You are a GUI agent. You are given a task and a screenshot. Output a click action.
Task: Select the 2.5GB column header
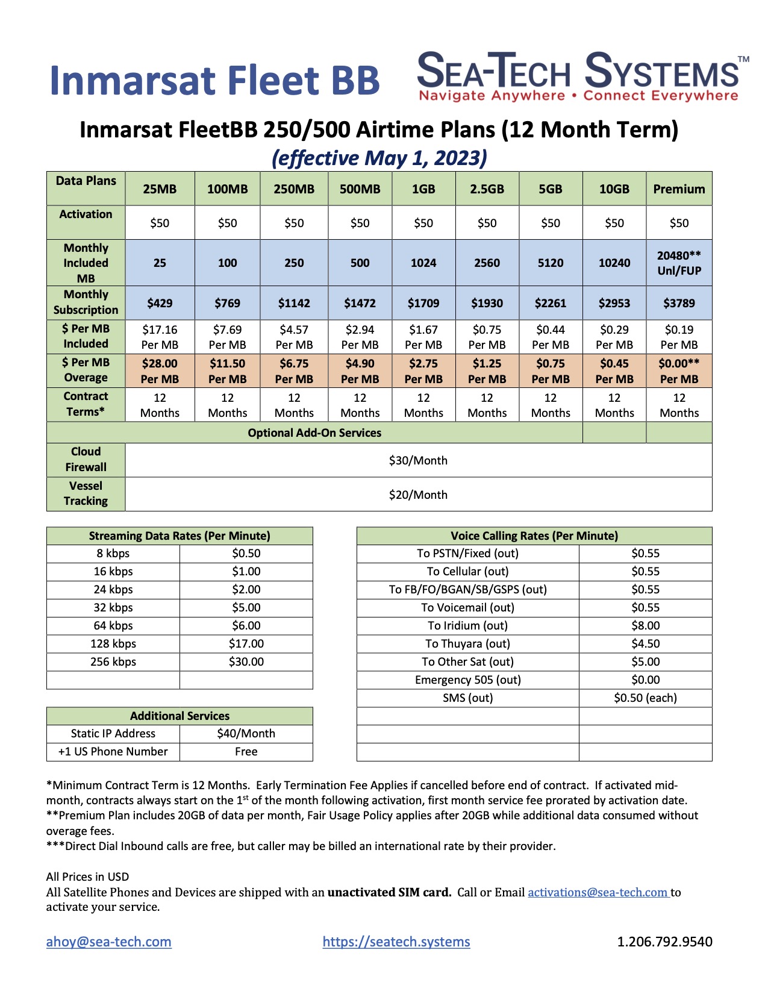pyautogui.click(x=487, y=189)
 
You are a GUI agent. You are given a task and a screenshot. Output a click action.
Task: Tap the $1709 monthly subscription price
pyautogui.click(x=423, y=303)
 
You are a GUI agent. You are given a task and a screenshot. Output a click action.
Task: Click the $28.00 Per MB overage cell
pyautogui.click(x=160, y=371)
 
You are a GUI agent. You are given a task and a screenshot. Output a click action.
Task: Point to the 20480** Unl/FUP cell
pyautogui.click(x=679, y=263)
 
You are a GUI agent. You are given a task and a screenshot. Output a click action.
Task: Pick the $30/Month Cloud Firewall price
pyautogui.click(x=418, y=461)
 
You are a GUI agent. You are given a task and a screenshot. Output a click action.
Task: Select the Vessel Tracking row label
pyautogui.click(x=86, y=493)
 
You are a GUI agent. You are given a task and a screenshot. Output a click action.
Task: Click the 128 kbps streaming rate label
pyautogui.click(x=113, y=643)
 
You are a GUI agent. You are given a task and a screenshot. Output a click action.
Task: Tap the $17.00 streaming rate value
pyautogui.click(x=246, y=643)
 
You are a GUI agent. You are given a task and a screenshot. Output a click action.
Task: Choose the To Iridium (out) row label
pyautogui.click(x=467, y=625)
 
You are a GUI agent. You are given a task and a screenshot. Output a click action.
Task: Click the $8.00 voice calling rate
pyautogui.click(x=645, y=625)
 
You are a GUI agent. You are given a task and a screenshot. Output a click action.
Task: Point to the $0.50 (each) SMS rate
pyautogui.click(x=645, y=698)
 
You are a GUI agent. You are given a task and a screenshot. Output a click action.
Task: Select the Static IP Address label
pyautogui.click(x=113, y=733)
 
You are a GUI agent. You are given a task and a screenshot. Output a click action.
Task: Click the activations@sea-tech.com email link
pyautogui.click(x=598, y=892)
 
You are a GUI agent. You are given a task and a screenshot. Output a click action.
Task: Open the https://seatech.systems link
pyautogui.click(x=396, y=942)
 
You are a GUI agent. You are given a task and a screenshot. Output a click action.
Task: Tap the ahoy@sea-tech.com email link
pyautogui.click(x=109, y=942)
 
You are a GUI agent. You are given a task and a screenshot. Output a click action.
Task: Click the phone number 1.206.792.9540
pyautogui.click(x=664, y=942)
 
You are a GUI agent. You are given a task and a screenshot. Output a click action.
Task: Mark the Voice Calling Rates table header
pyautogui.click(x=534, y=536)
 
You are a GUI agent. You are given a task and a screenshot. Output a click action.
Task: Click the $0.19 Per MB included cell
pyautogui.click(x=679, y=337)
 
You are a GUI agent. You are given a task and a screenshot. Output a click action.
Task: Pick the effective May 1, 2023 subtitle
pyautogui.click(x=379, y=158)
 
